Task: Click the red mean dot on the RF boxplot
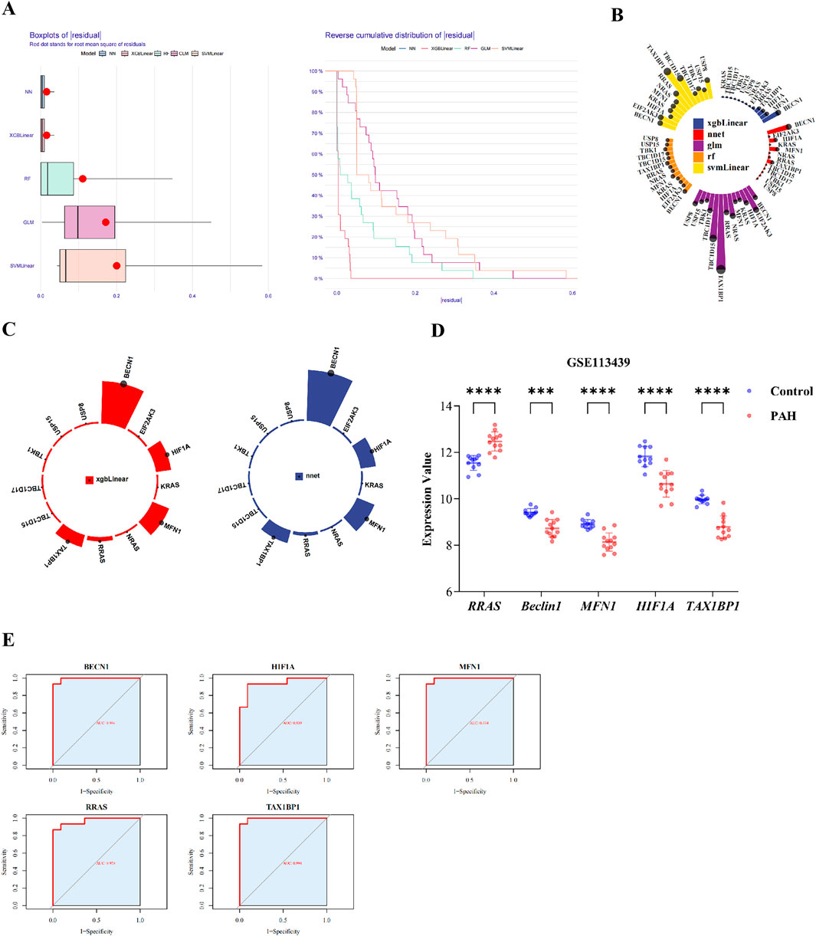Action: coord(83,179)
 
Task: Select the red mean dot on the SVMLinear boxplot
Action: coord(116,266)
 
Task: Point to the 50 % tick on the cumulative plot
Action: coord(315,175)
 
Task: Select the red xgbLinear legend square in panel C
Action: coord(90,480)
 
